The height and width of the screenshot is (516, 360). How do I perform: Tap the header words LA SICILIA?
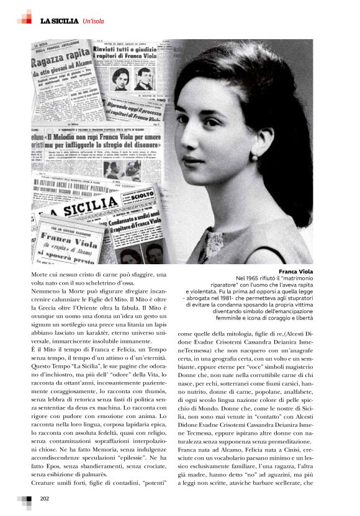tap(60, 21)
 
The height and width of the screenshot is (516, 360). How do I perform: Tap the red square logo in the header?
tap(25, 17)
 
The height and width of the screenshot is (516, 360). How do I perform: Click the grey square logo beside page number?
tap(24, 500)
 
